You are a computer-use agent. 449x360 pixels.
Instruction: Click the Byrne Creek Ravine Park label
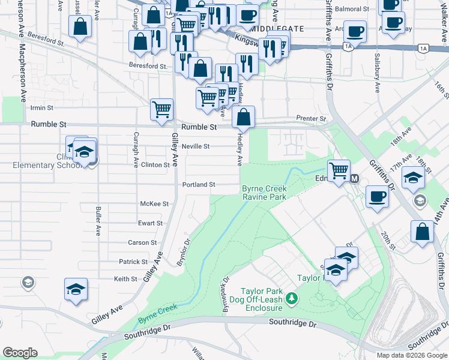coord(264,193)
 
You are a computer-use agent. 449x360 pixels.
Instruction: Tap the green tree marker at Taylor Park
coord(292,298)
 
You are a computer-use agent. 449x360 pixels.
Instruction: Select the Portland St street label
coord(199,185)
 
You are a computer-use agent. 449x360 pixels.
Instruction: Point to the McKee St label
coord(154,204)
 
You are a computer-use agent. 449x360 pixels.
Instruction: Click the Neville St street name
coord(196,146)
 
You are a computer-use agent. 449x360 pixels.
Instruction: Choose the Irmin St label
coord(42,108)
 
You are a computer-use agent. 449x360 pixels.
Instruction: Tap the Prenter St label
coord(311,119)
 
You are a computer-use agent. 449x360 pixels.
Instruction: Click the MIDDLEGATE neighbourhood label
coord(277,29)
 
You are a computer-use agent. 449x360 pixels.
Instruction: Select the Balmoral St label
coord(352,9)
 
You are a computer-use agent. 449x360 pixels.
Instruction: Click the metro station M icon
coord(354,178)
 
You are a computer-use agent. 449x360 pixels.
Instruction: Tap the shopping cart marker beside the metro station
coord(339,170)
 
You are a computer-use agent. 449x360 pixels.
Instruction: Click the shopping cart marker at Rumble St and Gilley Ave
coord(162,109)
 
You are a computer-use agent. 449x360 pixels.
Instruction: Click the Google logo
coord(20,353)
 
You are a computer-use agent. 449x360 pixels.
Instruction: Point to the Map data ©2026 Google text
coord(411,355)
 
